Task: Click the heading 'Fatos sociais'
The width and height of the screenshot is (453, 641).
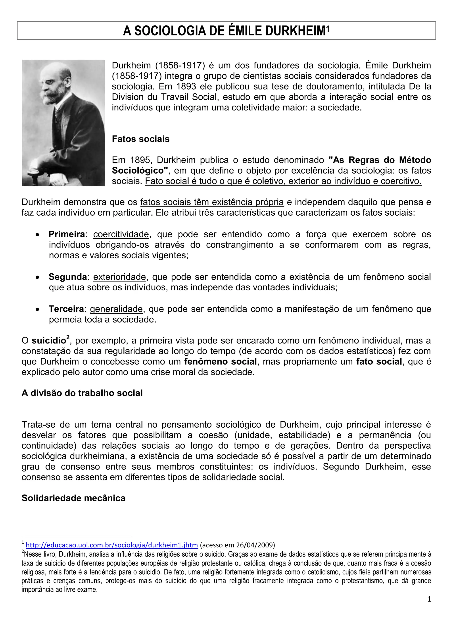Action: [141, 139]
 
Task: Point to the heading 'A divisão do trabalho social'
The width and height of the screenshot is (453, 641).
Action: [82, 393]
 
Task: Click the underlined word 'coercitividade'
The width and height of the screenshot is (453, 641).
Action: [121, 234]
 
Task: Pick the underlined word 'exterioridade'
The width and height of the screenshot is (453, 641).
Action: [119, 277]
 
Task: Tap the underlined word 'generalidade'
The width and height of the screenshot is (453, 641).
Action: [116, 309]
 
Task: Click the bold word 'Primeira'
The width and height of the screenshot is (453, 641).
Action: [67, 234]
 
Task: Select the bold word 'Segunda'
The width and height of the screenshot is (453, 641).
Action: [68, 277]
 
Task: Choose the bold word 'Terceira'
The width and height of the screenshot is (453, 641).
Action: [66, 309]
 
